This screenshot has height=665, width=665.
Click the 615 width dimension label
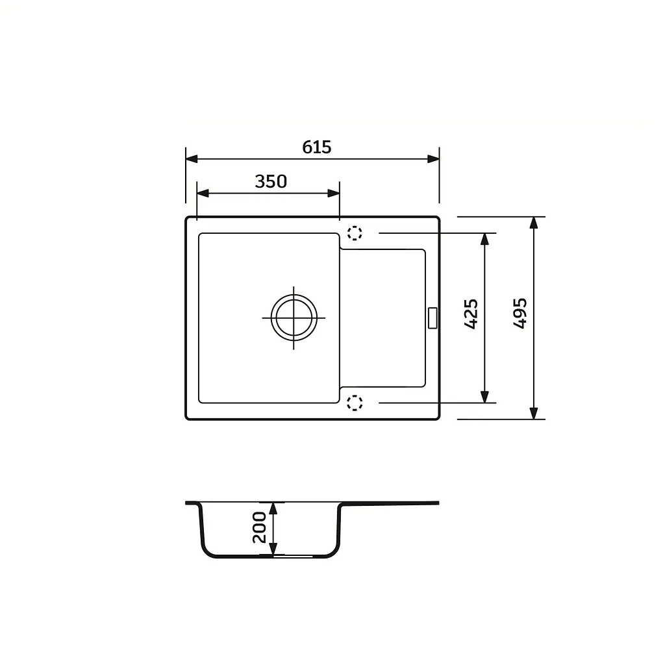[x=316, y=147]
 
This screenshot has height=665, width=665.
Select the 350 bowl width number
[x=271, y=182]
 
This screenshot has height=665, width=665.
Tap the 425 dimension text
[x=471, y=314]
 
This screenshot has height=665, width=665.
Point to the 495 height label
[x=520, y=313]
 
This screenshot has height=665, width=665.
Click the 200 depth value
[x=259, y=527]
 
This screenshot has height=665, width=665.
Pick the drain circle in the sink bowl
[x=294, y=318]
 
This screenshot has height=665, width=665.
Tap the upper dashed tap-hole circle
[x=355, y=233]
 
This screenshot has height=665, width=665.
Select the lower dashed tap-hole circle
[x=355, y=403]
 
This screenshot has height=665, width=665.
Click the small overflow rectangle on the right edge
[x=433, y=318]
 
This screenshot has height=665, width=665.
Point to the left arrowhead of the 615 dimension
[x=192, y=159]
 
